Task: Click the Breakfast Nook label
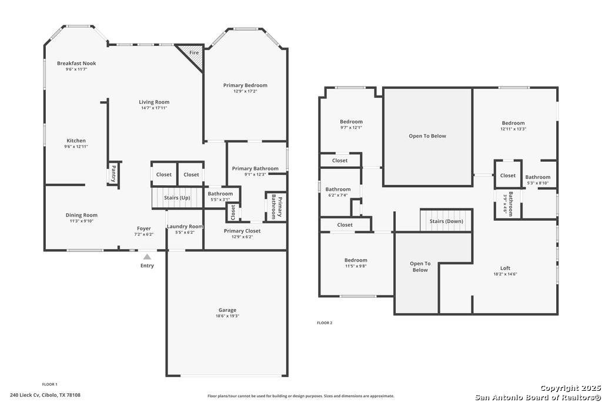pyautogui.click(x=76, y=64)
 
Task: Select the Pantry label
pyautogui.click(x=113, y=174)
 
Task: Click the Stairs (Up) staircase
pyautogui.click(x=177, y=198)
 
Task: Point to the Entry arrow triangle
pyautogui.click(x=147, y=257)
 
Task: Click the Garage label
pyautogui.click(x=228, y=310)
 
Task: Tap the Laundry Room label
pyautogui.click(x=185, y=227)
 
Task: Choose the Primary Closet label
pyautogui.click(x=242, y=231)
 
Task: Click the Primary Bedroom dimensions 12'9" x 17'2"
pyautogui.click(x=245, y=91)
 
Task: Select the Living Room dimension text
pyautogui.click(x=154, y=108)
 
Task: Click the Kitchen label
pyautogui.click(x=76, y=141)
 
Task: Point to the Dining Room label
pyautogui.click(x=81, y=215)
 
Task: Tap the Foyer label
pyautogui.click(x=144, y=228)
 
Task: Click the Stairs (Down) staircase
pyautogui.click(x=446, y=221)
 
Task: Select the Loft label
pyautogui.click(x=505, y=268)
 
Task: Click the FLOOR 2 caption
pyautogui.click(x=325, y=323)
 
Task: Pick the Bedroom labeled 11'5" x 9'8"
pyautogui.click(x=356, y=260)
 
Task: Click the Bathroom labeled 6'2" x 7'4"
pyautogui.click(x=338, y=189)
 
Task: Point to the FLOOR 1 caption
pyautogui.click(x=49, y=384)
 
